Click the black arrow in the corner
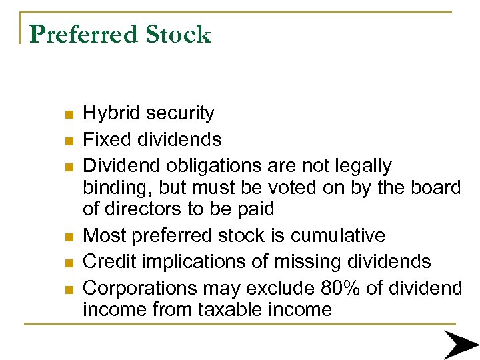pos(461,343)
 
